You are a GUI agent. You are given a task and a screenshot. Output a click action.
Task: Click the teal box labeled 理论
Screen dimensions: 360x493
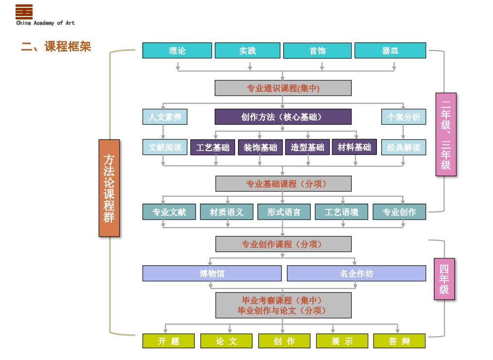(177, 51)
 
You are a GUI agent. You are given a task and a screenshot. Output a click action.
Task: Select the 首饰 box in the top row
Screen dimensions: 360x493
(317, 51)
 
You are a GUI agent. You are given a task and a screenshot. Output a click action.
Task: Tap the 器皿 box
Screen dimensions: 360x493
(390, 51)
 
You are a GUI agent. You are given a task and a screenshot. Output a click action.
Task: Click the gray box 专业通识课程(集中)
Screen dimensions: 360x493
(283, 88)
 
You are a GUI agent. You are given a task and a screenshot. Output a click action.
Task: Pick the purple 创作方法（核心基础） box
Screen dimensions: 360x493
(283, 117)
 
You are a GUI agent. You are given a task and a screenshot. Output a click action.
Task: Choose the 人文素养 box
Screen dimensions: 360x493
(165, 117)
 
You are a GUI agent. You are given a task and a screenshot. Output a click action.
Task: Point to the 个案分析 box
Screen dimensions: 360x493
(404, 117)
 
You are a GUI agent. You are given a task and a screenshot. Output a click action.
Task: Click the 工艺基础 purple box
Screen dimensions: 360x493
(213, 147)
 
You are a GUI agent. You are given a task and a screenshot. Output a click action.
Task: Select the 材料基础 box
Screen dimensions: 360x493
(354, 147)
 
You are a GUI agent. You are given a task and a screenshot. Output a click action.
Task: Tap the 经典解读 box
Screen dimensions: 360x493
(404, 147)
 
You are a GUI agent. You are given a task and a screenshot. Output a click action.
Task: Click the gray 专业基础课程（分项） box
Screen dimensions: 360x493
(283, 184)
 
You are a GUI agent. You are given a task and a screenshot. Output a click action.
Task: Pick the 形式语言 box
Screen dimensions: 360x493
(284, 212)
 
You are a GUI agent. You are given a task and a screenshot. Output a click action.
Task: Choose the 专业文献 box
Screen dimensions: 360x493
(169, 212)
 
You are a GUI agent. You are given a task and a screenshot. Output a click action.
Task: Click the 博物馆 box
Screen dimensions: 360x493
(212, 273)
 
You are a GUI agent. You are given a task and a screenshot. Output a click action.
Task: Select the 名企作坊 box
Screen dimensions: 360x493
(356, 273)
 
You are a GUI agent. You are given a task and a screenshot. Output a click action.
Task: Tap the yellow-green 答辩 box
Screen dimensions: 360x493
(399, 341)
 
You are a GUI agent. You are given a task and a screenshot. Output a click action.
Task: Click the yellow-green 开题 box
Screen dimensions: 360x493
(169, 341)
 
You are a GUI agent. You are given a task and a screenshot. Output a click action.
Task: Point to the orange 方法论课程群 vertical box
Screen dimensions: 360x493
(109, 188)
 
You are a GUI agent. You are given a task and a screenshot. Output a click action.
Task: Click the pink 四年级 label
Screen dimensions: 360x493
(444, 279)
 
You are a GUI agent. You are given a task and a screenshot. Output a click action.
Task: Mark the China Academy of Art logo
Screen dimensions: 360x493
(24, 11)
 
